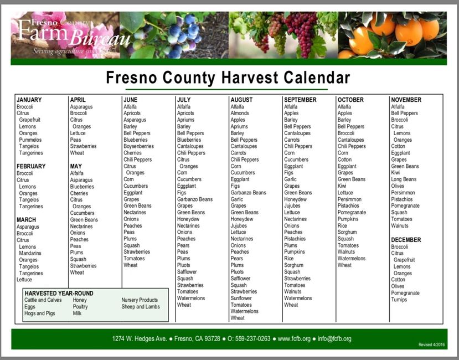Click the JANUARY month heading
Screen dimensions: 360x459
tap(29, 100)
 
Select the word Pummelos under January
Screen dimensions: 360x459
tap(31, 140)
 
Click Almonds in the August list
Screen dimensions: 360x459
tap(240, 113)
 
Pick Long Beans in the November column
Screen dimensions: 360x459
tap(404, 179)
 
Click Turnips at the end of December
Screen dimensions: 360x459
tap(399, 300)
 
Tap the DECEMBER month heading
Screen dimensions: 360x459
tap(406, 240)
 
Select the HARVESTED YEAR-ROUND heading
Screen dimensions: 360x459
tap(59, 293)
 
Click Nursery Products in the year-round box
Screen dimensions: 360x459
tap(140, 300)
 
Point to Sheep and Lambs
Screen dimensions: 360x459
tap(141, 307)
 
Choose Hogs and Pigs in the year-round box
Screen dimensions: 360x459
tap(39, 313)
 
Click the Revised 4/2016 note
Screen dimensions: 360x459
tap(431, 344)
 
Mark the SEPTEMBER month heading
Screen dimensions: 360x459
tap(300, 100)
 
